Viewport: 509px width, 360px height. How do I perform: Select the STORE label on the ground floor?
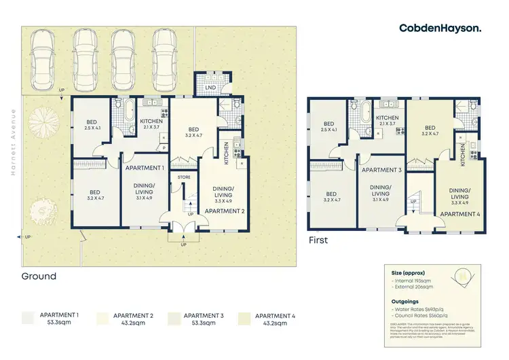pyautogui.click(x=183, y=178)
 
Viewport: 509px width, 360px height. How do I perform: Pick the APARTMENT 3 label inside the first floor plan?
pyautogui.click(x=381, y=170)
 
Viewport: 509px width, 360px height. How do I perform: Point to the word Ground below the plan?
pyautogui.click(x=39, y=276)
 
